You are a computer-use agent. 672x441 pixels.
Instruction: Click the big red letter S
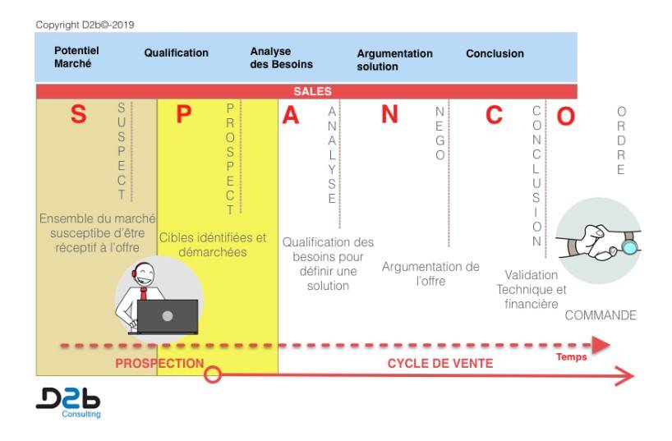point(78,114)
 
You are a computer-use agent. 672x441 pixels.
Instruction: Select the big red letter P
point(184,114)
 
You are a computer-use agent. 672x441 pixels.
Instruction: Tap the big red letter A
point(290,115)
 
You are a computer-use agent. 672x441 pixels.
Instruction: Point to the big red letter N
point(389,114)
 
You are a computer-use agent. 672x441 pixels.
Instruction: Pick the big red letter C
point(494,115)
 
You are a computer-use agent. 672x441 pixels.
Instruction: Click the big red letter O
point(565,116)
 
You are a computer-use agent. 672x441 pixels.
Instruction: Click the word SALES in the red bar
point(312,91)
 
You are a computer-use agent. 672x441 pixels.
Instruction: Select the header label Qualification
point(176,53)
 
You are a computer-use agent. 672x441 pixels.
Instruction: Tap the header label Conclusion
point(495,53)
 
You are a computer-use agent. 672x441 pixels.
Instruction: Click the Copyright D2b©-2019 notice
point(85,25)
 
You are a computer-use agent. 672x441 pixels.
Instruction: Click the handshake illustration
point(599,241)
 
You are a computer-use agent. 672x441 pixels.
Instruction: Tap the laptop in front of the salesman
point(168,317)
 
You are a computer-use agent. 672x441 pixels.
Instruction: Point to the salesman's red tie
point(144,294)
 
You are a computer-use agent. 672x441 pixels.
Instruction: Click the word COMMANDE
point(601,315)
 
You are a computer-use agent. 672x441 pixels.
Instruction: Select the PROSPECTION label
point(159,364)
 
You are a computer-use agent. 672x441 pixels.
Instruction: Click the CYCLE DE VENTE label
point(440,364)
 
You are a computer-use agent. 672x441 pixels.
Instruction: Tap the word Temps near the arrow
point(571,357)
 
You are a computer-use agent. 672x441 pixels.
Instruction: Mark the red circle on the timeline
point(213,374)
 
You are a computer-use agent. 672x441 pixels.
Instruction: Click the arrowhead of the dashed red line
point(601,345)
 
